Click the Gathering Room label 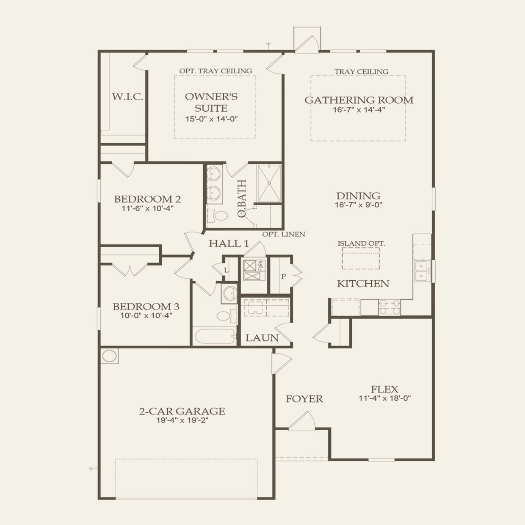[x=359, y=100]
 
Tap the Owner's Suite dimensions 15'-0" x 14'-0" [x=212, y=119]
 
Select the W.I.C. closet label [x=127, y=97]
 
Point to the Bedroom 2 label [x=147, y=199]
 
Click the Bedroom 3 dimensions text [x=146, y=316]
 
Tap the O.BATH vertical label [x=242, y=198]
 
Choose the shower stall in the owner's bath [x=269, y=183]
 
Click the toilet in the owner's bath [x=218, y=216]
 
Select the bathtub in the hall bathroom [x=214, y=336]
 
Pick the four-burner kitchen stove [x=390, y=307]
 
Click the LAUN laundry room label [x=262, y=338]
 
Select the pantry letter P [x=283, y=276]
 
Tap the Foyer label [x=304, y=399]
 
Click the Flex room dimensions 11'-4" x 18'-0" [x=385, y=398]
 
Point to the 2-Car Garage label [x=182, y=411]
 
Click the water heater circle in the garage [x=109, y=356]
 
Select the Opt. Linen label [x=284, y=234]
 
